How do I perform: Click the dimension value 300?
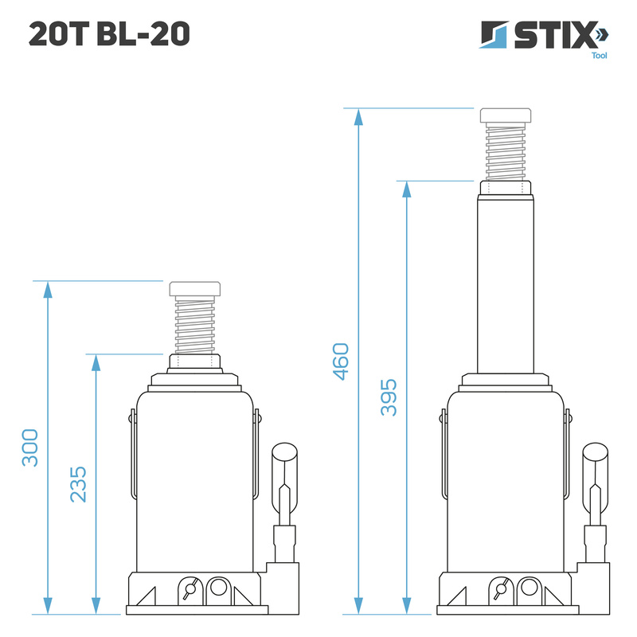coord(29,447)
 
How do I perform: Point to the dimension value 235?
coord(78,483)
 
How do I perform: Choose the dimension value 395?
coord(389,397)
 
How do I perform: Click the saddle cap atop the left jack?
coord(195,289)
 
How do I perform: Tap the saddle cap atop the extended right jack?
coord(506,115)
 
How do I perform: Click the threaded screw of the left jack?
coord(195,326)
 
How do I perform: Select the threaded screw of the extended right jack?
coord(506,152)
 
